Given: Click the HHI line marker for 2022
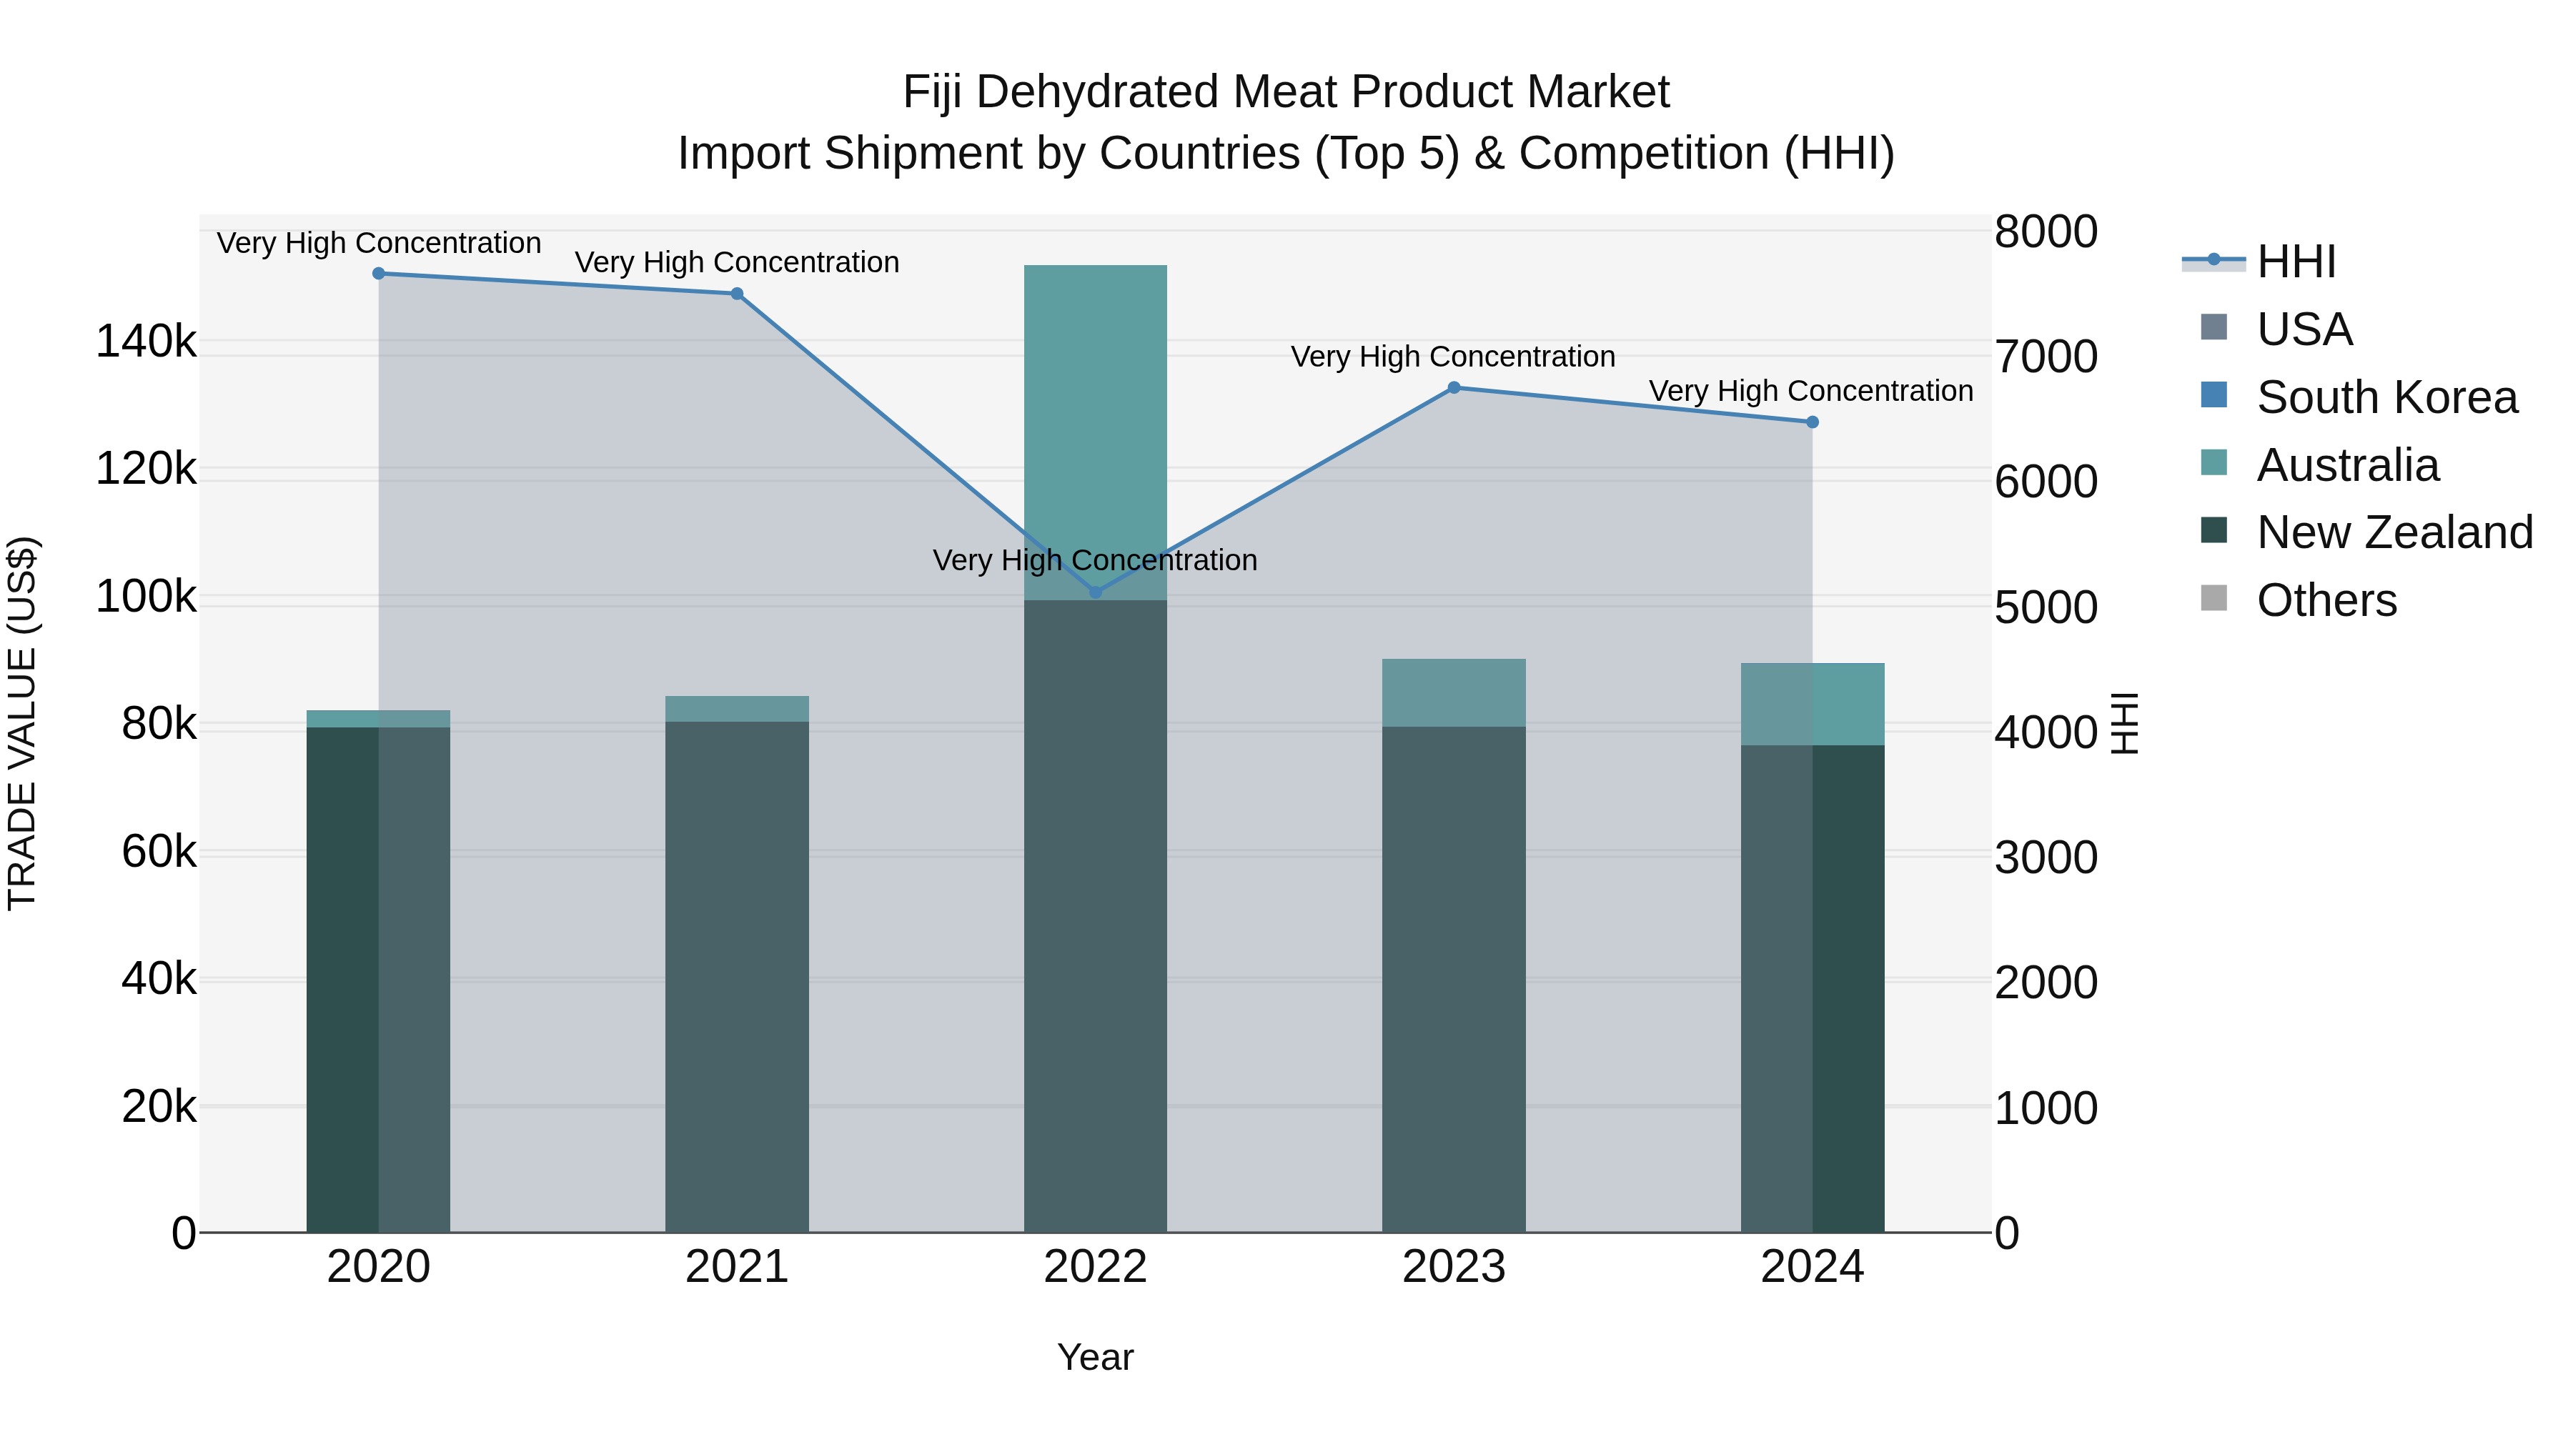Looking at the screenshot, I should pos(1095,592).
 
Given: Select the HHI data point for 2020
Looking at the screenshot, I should pos(379,274).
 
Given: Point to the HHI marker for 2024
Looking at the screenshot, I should pos(1812,422).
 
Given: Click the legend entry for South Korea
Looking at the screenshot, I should pos(2386,397).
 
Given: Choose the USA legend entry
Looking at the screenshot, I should pos(2304,329).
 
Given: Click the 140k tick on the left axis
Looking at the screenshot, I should pos(146,342).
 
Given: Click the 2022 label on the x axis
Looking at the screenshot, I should pos(1095,1267).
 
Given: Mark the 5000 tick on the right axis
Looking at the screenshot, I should pos(2046,608).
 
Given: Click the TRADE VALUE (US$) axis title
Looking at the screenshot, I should pos(22,723).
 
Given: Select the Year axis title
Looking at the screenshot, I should pos(1095,1357).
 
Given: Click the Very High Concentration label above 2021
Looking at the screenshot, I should pos(736,263).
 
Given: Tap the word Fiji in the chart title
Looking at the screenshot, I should pos(933,92).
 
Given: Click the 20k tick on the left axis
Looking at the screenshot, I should pos(159,1106).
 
